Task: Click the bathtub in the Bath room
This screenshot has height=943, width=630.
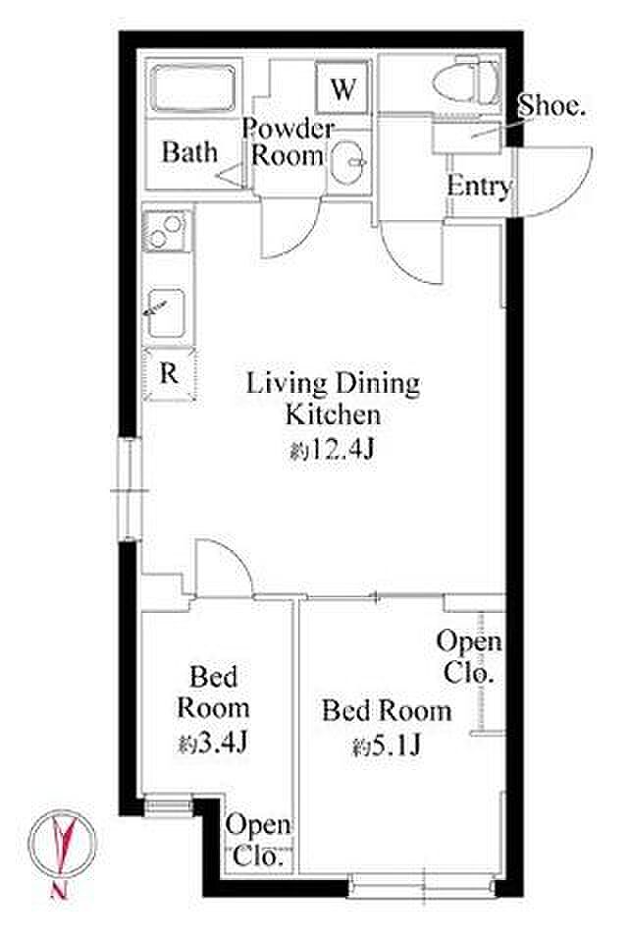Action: [x=192, y=87]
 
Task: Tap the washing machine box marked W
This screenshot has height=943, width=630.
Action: [x=342, y=89]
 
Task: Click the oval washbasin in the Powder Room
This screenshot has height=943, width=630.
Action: [x=346, y=162]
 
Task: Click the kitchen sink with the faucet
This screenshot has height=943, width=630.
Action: [x=166, y=312]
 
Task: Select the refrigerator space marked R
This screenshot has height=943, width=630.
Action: [x=170, y=374]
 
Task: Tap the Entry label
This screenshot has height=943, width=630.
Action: [x=478, y=186]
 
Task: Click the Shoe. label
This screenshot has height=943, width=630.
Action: [x=551, y=106]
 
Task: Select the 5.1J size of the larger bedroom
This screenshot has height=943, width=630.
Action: [x=387, y=747]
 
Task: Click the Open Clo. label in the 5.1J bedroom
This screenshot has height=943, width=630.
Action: [x=469, y=657]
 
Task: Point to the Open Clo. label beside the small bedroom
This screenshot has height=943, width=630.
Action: [x=259, y=840]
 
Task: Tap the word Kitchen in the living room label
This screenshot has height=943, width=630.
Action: [x=333, y=415]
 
